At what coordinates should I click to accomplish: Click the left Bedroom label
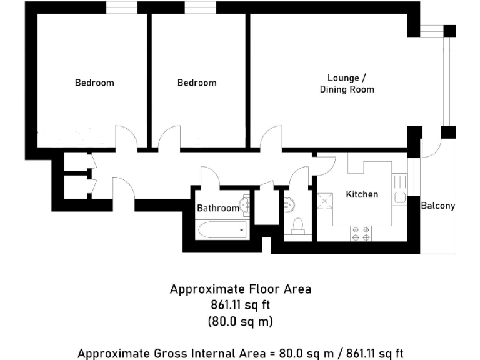coord(94,82)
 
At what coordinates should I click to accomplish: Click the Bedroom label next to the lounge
coord(197,82)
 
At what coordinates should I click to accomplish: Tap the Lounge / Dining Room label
coord(347,84)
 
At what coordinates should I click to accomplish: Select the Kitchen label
coord(362,194)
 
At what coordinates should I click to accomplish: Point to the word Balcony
coord(437,206)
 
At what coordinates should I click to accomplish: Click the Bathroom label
coord(218,208)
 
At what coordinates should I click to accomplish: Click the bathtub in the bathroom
coord(222,231)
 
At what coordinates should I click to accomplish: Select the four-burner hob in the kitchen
coord(361,233)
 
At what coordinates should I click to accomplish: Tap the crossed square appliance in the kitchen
coord(325,201)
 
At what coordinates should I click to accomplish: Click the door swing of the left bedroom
coord(124,137)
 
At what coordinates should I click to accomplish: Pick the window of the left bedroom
coord(121,7)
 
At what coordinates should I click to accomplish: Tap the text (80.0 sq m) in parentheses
coord(240,322)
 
